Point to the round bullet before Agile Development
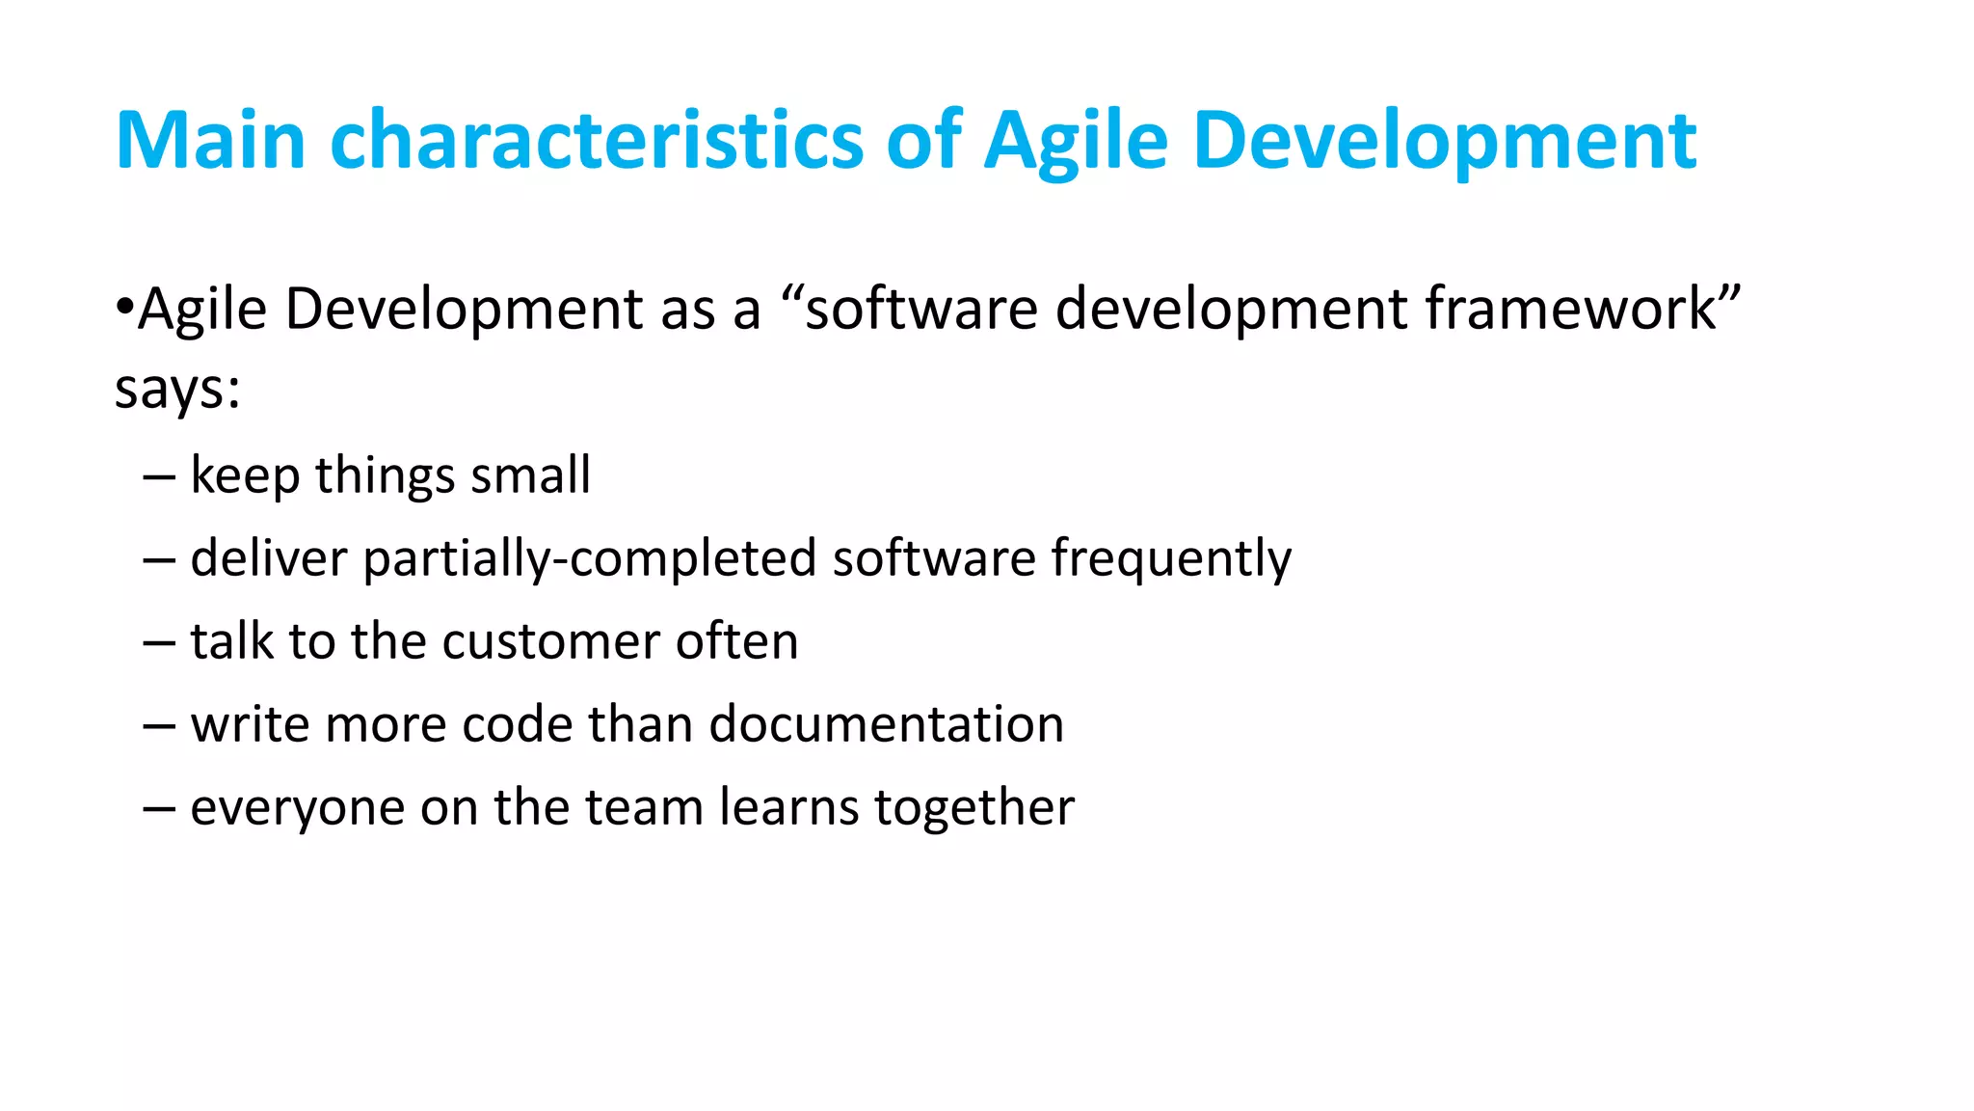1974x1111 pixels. click(x=123, y=308)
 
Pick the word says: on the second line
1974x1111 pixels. click(x=177, y=390)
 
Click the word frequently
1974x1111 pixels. click(x=1171, y=558)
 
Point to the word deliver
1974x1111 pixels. click(x=268, y=558)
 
